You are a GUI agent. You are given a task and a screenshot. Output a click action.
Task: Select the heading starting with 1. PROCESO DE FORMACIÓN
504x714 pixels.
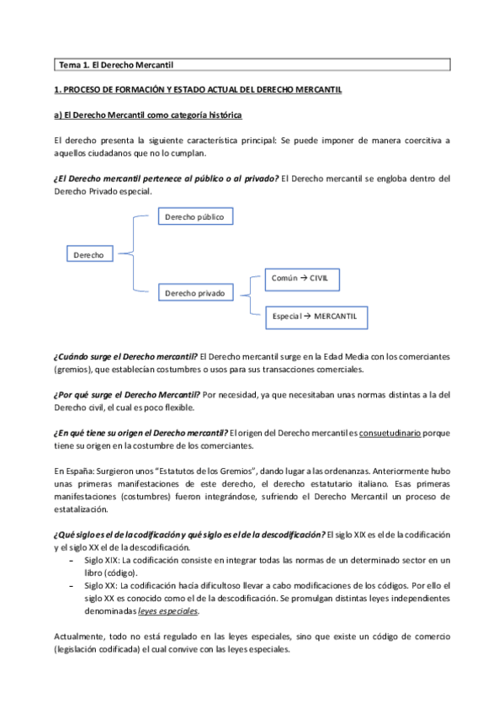coord(197,89)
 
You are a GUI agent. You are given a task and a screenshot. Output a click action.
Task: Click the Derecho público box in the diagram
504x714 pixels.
coord(194,216)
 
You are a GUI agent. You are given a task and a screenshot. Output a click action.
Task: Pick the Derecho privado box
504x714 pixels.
coord(194,293)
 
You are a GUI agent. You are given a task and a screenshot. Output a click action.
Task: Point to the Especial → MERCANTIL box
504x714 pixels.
coord(316,315)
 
